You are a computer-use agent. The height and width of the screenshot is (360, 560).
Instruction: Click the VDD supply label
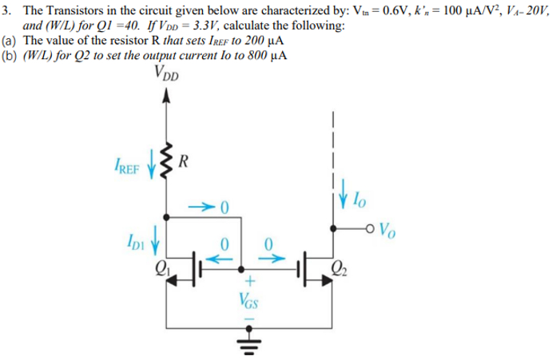(165, 77)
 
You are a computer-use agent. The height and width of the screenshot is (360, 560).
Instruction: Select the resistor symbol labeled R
(167, 163)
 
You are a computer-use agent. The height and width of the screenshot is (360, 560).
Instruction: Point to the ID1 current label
(138, 238)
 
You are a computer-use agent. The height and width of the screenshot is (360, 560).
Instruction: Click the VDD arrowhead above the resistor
(167, 98)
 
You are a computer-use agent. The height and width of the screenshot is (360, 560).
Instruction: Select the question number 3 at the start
(7, 9)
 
